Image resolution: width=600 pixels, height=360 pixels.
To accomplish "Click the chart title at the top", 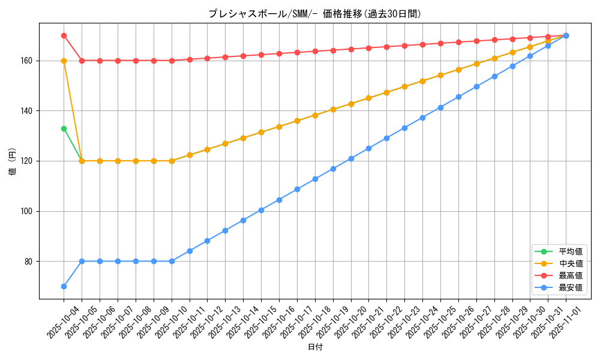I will [314, 14].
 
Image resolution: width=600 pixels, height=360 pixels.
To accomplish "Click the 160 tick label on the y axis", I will [29, 61].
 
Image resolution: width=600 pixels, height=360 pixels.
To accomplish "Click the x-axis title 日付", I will [315, 347].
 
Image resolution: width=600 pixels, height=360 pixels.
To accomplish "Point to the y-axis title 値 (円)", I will [13, 161].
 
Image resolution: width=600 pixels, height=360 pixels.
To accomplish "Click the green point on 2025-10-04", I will [64, 128].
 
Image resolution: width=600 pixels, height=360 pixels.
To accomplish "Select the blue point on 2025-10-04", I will [64, 286].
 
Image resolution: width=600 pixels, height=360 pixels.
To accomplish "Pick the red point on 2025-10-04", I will [64, 35].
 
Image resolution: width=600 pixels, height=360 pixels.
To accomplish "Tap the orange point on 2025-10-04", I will [64, 61].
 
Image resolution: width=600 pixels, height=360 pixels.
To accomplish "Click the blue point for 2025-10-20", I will [351, 158].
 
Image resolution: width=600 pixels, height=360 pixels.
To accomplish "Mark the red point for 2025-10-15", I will [261, 55].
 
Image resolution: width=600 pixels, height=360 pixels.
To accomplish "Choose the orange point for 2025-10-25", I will [440, 75].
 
